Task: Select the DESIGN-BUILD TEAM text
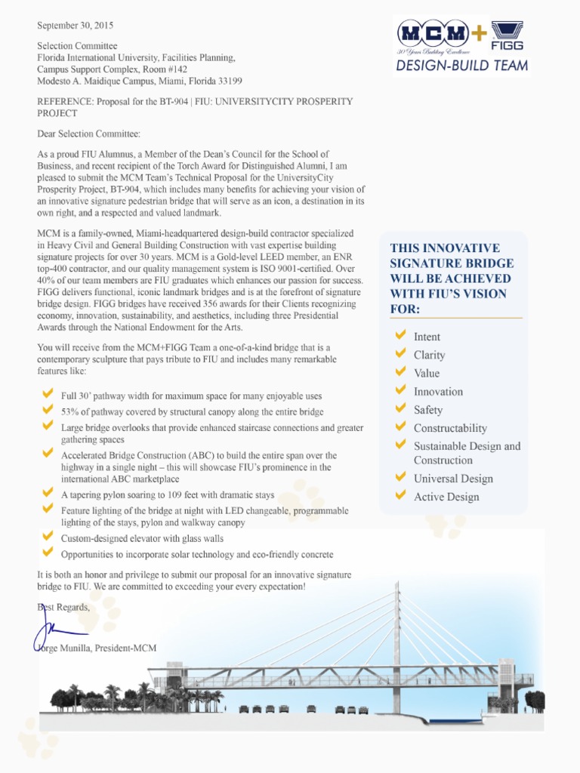pos(461,66)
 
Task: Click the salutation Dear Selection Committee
pos(88,134)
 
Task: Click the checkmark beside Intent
pos(400,336)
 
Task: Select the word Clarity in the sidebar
pos(429,355)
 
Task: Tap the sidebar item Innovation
pos(438,391)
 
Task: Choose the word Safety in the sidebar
pos(428,410)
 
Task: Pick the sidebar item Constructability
pos(450,428)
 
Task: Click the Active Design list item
pos(446,497)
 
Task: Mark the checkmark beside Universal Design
pos(400,478)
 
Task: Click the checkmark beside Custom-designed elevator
pos(48,538)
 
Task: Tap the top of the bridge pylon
pos(396,586)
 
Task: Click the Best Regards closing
pos(63,607)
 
